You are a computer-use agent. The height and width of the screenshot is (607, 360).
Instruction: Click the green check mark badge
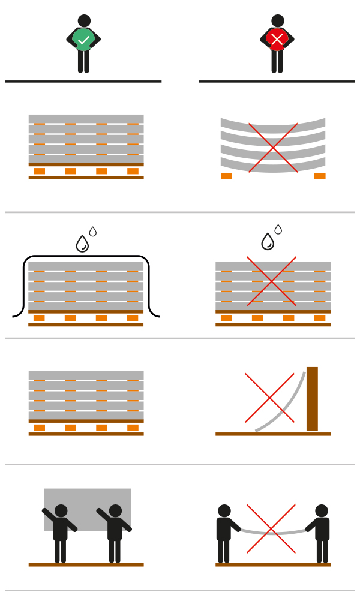click(83, 40)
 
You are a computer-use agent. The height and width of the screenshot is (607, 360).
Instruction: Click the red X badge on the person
click(277, 40)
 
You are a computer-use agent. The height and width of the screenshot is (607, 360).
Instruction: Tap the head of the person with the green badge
click(84, 21)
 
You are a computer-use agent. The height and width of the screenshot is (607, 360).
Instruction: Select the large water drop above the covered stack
click(82, 244)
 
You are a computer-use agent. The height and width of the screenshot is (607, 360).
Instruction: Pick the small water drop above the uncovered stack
click(278, 229)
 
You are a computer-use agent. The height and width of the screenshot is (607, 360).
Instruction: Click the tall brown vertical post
click(312, 399)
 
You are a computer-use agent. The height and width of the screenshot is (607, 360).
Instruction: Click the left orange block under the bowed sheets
click(226, 176)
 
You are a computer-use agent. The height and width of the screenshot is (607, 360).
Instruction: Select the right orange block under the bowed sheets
click(320, 176)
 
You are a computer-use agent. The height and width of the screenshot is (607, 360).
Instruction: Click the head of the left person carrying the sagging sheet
click(224, 511)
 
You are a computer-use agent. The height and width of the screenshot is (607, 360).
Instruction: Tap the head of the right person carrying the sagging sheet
click(322, 511)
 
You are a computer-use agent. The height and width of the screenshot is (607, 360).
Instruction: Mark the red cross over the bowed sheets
click(273, 148)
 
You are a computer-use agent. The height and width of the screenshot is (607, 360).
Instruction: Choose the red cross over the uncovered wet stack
click(271, 281)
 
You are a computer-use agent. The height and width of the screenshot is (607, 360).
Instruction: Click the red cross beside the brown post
click(269, 398)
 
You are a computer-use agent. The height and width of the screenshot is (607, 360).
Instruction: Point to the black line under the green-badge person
click(83, 81)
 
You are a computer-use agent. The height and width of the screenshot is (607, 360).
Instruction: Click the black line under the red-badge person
click(277, 81)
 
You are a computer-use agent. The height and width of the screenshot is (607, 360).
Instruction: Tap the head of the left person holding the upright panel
click(61, 511)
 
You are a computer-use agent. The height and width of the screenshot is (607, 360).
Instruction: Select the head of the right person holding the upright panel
click(115, 511)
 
